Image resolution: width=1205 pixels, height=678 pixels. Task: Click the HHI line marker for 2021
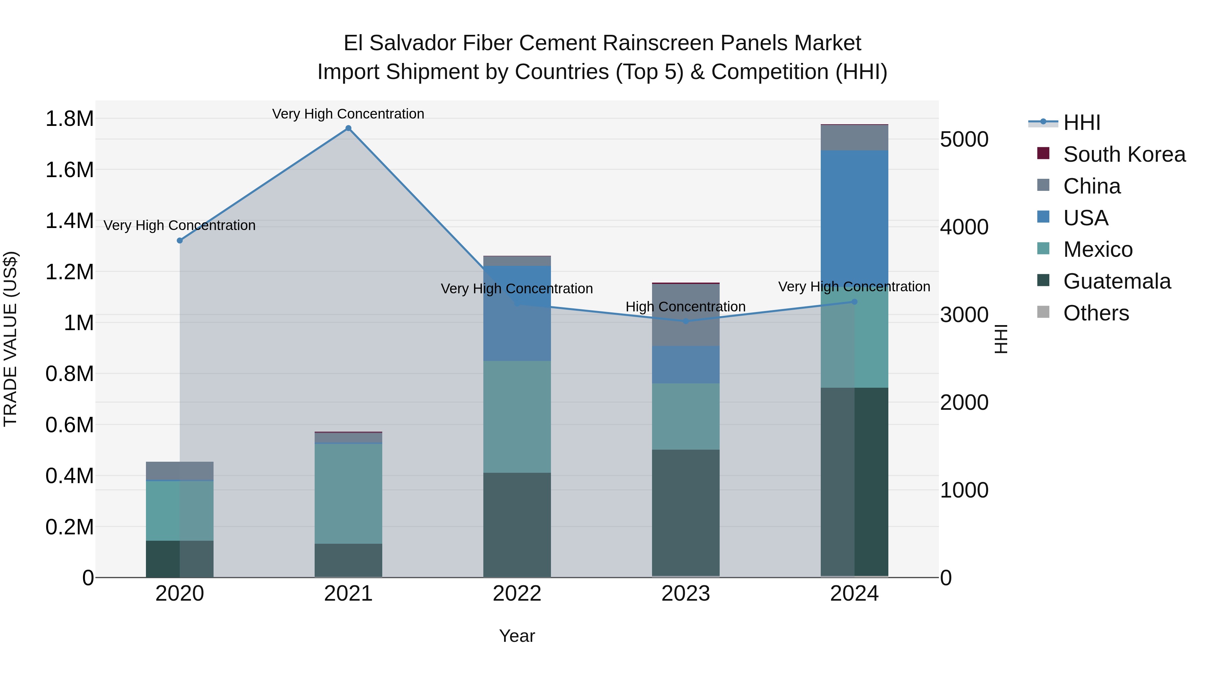pyautogui.click(x=348, y=128)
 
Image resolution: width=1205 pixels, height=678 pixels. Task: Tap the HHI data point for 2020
pyautogui.click(x=180, y=240)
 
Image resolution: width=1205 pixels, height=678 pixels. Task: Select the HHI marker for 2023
pyautogui.click(x=686, y=321)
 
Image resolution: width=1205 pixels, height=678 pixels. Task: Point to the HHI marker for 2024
pyautogui.click(x=855, y=302)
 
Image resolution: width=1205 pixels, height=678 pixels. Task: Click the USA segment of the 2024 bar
pyautogui.click(x=855, y=215)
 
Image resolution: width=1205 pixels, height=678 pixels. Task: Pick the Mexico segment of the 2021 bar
pyautogui.click(x=348, y=494)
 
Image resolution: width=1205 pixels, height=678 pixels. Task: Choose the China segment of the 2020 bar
pyautogui.click(x=180, y=471)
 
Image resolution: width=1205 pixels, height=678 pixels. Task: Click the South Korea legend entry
pyautogui.click(x=1124, y=154)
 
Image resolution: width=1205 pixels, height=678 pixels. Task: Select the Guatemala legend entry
pyautogui.click(x=1117, y=281)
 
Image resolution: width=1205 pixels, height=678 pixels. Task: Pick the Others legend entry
pyautogui.click(x=1096, y=313)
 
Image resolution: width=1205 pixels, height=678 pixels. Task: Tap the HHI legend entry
pyautogui.click(x=1081, y=123)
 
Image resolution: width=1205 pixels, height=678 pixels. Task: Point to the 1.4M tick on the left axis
pyautogui.click(x=70, y=221)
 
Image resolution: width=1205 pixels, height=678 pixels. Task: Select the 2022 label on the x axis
pyautogui.click(x=517, y=594)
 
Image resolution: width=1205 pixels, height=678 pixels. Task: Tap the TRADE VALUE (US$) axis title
pyautogui.click(x=10, y=339)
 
